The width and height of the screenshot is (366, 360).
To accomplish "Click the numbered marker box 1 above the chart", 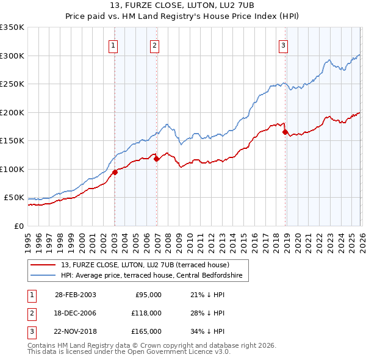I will tap(114, 45).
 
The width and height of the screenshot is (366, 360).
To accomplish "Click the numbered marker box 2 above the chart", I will tap(155, 45).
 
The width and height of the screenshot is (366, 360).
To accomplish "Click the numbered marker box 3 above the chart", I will tap(284, 45).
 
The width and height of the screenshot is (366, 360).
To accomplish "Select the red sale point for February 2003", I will tap(115, 172).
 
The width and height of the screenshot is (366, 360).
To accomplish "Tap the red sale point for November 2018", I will tap(285, 132).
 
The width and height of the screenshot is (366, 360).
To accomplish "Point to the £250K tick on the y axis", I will tap(12, 84).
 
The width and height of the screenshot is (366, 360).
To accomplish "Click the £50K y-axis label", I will tap(14, 198).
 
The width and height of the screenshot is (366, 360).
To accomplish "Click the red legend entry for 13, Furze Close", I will tap(145, 265).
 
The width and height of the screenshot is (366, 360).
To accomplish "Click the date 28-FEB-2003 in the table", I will tap(75, 295).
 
